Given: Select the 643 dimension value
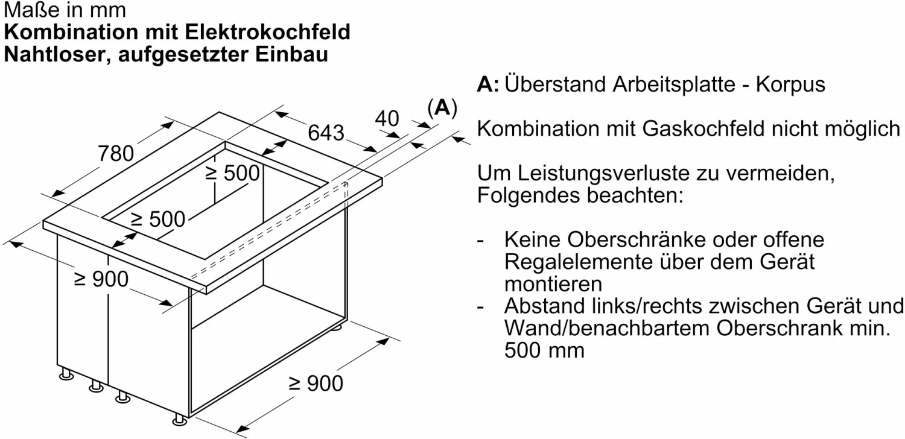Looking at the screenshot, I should click(326, 132).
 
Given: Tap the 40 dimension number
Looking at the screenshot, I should click(387, 119).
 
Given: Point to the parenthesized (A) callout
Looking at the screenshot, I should click(442, 108).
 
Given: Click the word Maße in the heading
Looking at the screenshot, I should click(27, 10).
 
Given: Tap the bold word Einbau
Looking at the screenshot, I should click(291, 54).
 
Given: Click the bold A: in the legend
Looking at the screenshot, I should click(487, 84).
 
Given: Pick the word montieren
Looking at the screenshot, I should click(553, 283).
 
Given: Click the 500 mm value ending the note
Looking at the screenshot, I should click(544, 350).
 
